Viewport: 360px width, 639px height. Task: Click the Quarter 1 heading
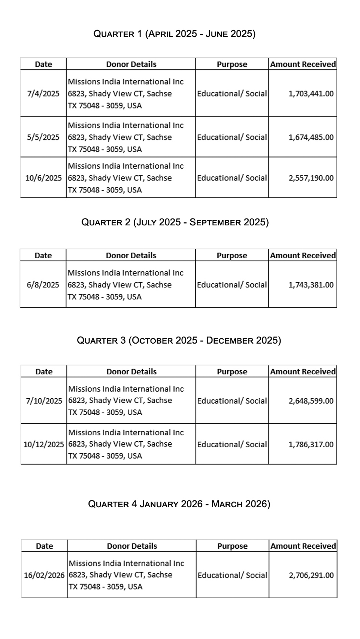175,34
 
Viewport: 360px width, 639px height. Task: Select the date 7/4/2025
43,94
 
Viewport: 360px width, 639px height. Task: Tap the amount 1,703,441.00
311,94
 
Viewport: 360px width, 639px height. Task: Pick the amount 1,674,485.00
311,137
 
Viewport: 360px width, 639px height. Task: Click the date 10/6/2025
43,178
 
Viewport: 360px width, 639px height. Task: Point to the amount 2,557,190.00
311,178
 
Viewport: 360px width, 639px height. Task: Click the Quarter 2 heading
175,222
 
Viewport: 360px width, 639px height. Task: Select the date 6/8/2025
43,285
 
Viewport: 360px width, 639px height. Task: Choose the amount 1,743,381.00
311,285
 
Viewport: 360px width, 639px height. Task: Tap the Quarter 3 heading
179,340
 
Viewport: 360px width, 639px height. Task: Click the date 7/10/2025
44,401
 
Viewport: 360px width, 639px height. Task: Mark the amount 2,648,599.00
311,401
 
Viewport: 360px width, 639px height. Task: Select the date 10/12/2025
44,444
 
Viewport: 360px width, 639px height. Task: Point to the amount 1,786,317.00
311,444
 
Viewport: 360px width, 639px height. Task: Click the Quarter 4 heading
179,504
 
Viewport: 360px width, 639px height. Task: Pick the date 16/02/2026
44,575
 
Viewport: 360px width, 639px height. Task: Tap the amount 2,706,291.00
311,575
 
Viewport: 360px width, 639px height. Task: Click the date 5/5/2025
43,137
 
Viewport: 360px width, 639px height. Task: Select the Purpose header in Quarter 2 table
232,256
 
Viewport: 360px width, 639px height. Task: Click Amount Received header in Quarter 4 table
303,546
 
